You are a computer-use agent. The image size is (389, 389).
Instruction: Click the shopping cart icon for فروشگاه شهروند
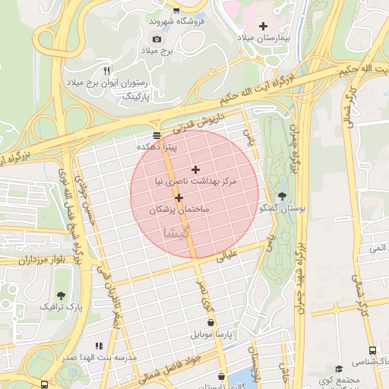pos(176,11)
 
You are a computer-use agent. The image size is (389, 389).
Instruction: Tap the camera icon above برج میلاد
pos(157,39)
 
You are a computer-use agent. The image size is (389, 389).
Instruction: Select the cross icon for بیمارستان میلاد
pos(264,26)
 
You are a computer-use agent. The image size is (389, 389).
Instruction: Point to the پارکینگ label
pos(138,97)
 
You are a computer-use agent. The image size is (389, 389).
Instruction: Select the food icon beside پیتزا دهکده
pos(157,134)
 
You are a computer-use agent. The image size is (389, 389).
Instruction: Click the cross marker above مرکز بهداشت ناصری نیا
pos(195,169)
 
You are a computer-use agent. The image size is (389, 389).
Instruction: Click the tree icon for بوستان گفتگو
pos(283,196)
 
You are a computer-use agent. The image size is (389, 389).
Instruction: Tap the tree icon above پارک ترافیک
pos(60,295)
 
